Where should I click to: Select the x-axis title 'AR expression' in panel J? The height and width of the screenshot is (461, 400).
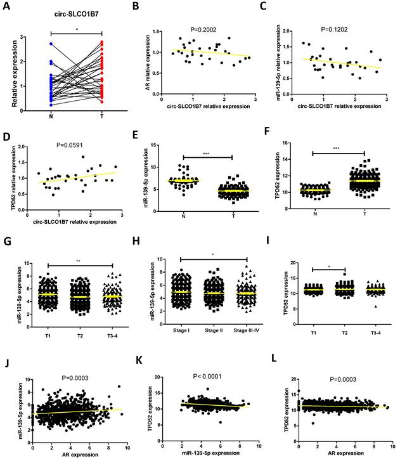click(x=77, y=455)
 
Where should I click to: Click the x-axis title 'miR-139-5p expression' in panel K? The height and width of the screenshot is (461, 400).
click(x=210, y=454)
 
